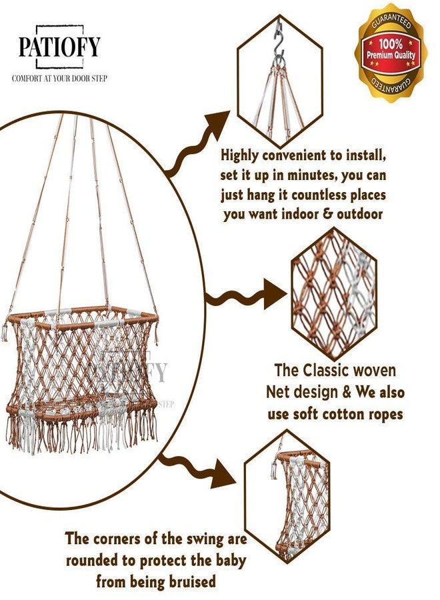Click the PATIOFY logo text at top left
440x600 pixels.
coord(59,47)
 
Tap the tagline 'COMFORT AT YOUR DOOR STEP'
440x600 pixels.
coord(59,79)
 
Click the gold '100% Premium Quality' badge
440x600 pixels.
coord(391,53)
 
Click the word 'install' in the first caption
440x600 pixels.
coord(366,156)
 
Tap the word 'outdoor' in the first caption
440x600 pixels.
coord(359,213)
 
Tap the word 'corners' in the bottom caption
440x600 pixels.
coord(117,539)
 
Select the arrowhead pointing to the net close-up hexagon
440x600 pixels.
coord(274,294)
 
